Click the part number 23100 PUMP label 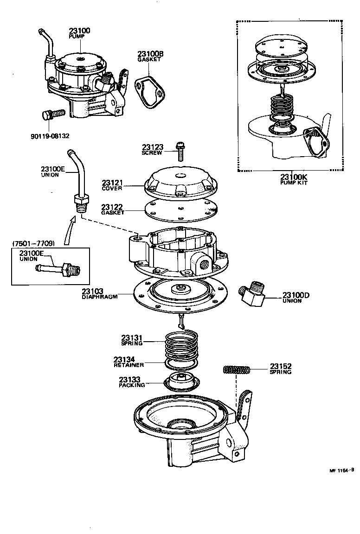79,33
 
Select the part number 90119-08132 50,136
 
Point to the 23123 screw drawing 180,152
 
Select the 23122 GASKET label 113,210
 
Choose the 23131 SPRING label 132,340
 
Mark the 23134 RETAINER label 129,362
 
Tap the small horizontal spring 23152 237,370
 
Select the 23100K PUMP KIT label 294,179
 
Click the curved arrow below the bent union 68,230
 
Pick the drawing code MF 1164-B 341,470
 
